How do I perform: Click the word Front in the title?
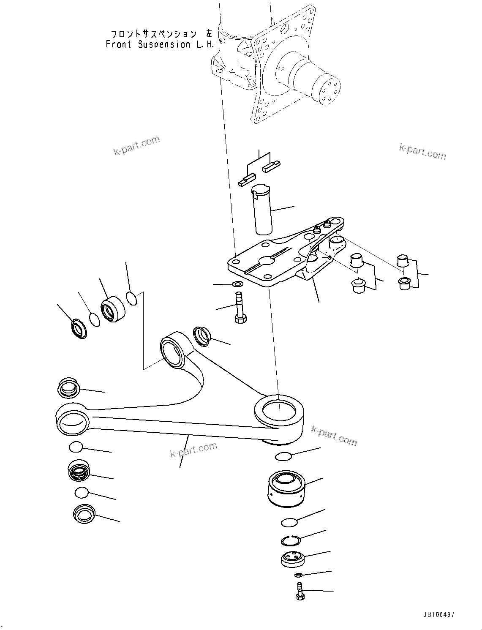[x=119, y=44]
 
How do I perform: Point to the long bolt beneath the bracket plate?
[x=239, y=307]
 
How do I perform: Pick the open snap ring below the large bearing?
[x=291, y=540]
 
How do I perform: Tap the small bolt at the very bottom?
[x=300, y=590]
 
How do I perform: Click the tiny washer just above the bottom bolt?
[x=298, y=575]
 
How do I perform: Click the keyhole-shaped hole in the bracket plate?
[x=268, y=261]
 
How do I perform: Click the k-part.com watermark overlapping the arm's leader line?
[x=193, y=450]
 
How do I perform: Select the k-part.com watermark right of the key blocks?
[x=422, y=151]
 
